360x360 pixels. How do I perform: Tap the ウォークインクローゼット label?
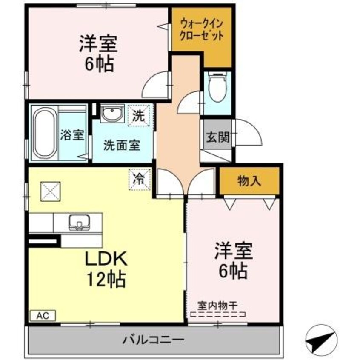[202, 29]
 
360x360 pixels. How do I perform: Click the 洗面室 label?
[122, 145]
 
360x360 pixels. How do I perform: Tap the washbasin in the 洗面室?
[112, 114]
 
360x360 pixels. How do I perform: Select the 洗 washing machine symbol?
[139, 115]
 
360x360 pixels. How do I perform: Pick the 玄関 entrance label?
[218, 137]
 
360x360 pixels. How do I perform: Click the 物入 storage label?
[249, 181]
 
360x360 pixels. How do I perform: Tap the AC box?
[43, 316]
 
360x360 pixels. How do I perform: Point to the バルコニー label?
[154, 340]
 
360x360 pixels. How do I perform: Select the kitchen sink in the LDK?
[79, 222]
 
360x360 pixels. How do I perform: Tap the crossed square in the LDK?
[50, 191]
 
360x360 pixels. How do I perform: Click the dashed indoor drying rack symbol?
[218, 315]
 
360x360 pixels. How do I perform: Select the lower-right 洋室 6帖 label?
[233, 260]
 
